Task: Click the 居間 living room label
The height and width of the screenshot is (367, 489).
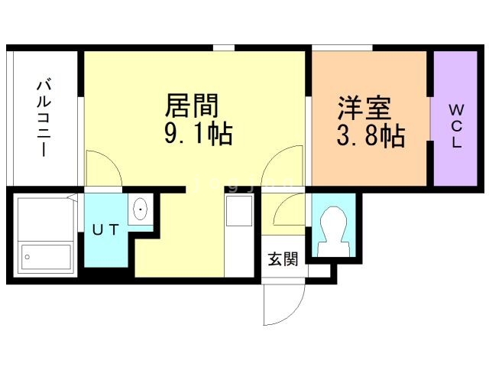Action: pos(192,106)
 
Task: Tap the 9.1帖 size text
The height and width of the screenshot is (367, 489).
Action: pos(199,134)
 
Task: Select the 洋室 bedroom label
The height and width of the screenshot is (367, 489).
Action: pos(364,109)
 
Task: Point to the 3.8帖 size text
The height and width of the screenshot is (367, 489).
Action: pos(371,136)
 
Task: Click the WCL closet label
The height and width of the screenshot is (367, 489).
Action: pos(456,125)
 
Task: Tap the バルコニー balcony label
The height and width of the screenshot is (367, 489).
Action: pos(44,119)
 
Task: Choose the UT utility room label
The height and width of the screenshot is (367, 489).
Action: pos(105,229)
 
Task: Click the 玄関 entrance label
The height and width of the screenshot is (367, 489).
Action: pos(283,258)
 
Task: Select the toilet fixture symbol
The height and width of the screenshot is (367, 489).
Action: pos(334,231)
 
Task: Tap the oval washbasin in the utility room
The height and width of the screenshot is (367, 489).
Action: pos(141,209)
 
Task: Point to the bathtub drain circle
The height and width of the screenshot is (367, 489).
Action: pos(28,257)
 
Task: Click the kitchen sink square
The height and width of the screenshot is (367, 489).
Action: pos(239,211)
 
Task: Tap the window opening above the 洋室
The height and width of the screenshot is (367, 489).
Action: pos(342,47)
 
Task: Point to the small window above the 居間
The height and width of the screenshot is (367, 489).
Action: pos(224,47)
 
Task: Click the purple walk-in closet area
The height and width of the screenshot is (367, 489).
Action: pos(455,119)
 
